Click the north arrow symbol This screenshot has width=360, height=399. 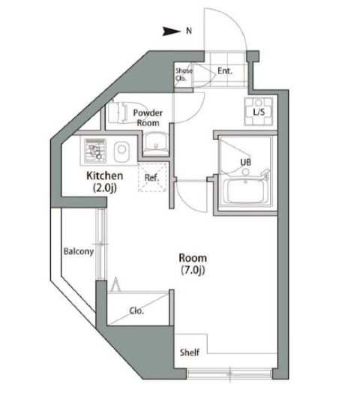tap(171, 31)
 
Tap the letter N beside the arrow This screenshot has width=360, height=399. tap(189, 31)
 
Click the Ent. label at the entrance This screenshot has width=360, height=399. tap(225, 70)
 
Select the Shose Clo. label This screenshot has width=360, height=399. tap(184, 74)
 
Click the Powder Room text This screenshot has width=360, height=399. tap(148, 118)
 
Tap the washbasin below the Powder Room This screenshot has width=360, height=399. tap(156, 143)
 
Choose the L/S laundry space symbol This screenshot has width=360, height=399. tap(259, 112)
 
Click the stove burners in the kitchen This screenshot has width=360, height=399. tap(95, 151)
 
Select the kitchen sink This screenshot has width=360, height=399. tap(121, 151)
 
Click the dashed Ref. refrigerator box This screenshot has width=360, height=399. tap(152, 177)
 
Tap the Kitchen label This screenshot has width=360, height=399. tap(104, 175)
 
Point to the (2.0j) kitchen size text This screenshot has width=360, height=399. tap(105, 188)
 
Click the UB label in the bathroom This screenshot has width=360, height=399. tap(245, 162)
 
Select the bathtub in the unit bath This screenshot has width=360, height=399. tap(245, 190)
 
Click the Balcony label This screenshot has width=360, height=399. tap(79, 251)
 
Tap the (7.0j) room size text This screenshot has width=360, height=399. tap(193, 270)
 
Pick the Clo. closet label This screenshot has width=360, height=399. tap(136, 310)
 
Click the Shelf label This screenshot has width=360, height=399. tap(190, 352)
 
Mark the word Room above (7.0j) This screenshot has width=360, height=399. tap(193, 258)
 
